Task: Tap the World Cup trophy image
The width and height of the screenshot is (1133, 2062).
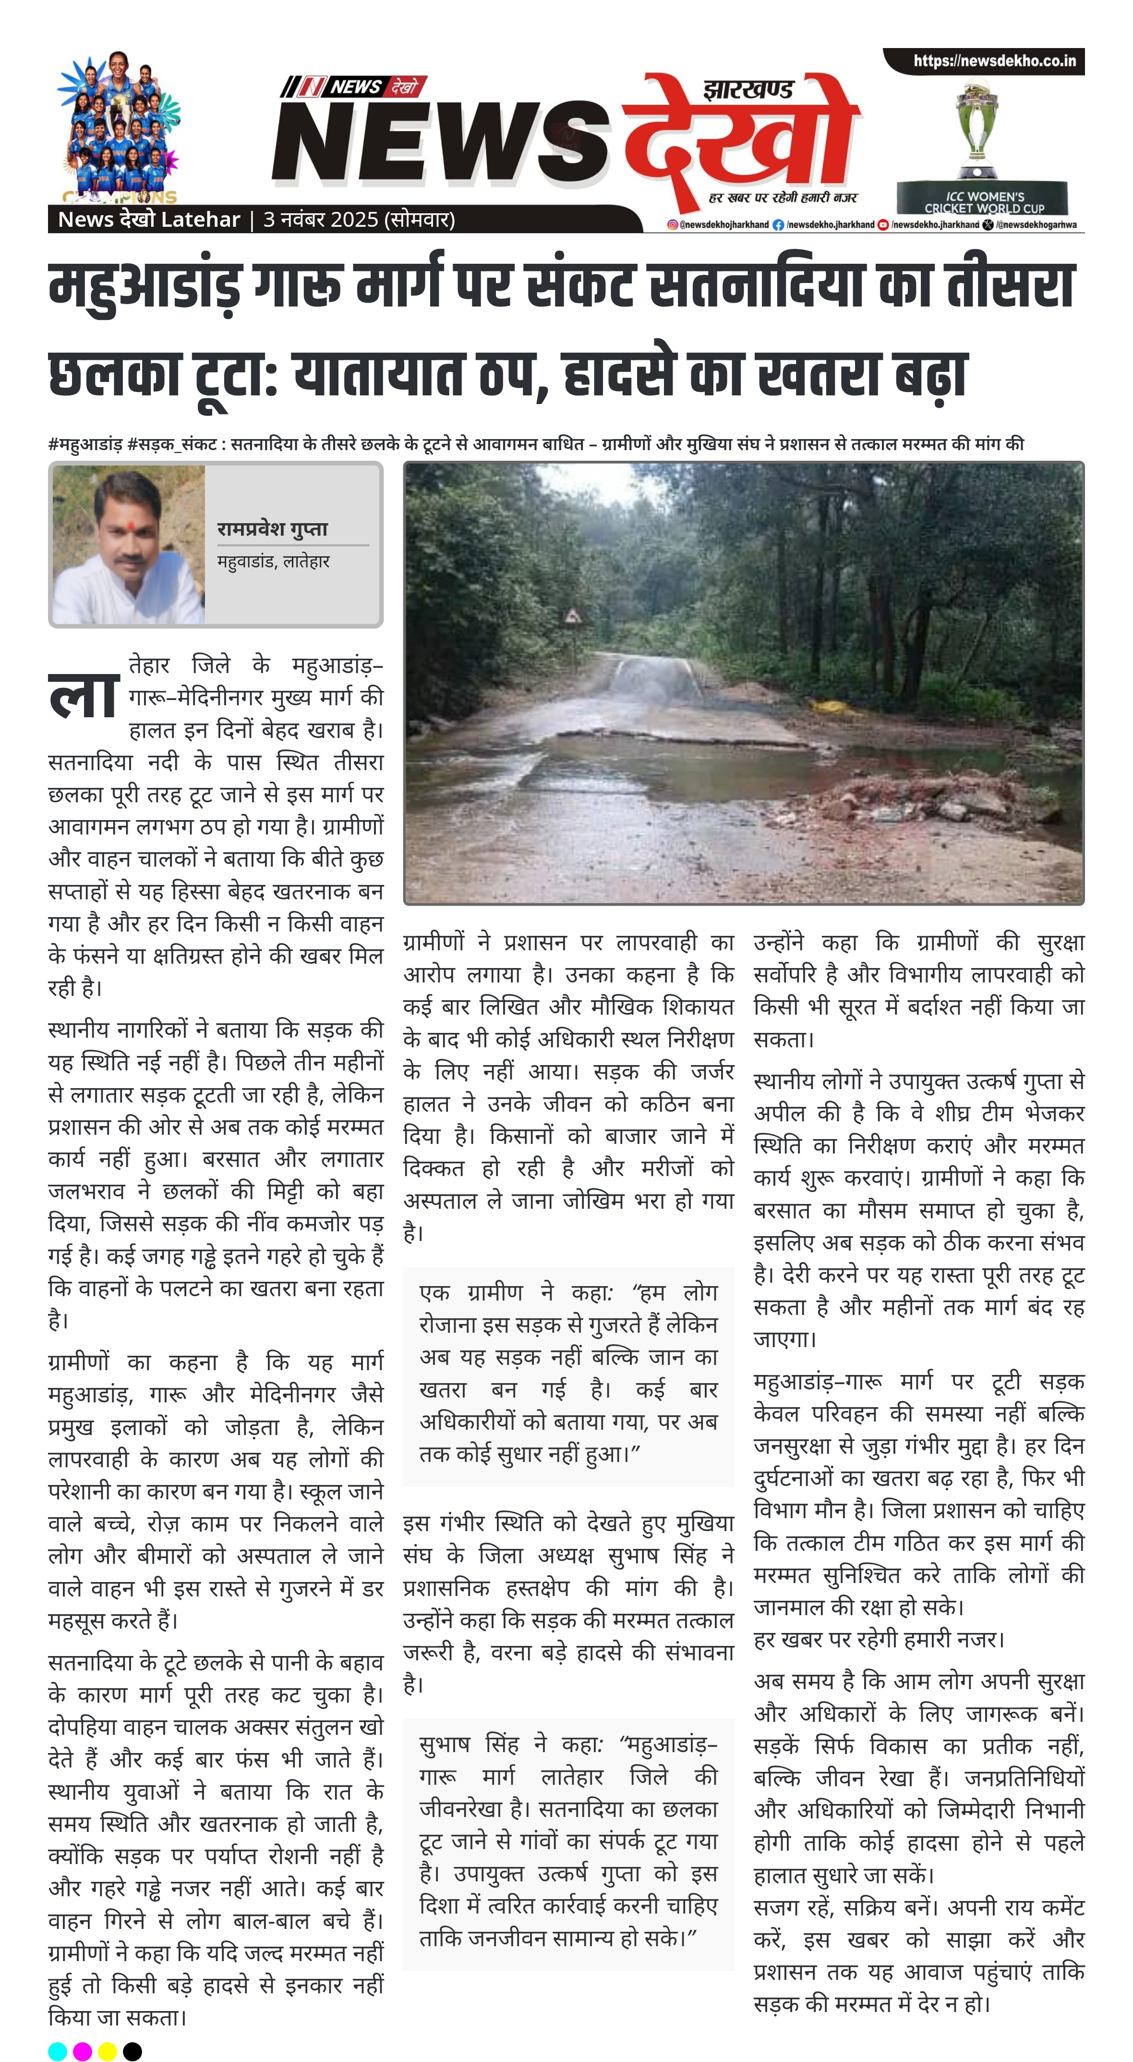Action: click(x=977, y=128)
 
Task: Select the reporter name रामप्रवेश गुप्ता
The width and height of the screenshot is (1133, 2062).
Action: click(x=272, y=528)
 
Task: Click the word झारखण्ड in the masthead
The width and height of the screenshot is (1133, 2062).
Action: click(x=748, y=89)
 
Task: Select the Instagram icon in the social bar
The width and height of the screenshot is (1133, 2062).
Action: click(x=673, y=225)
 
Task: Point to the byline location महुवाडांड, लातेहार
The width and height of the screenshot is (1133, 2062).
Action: click(x=273, y=561)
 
